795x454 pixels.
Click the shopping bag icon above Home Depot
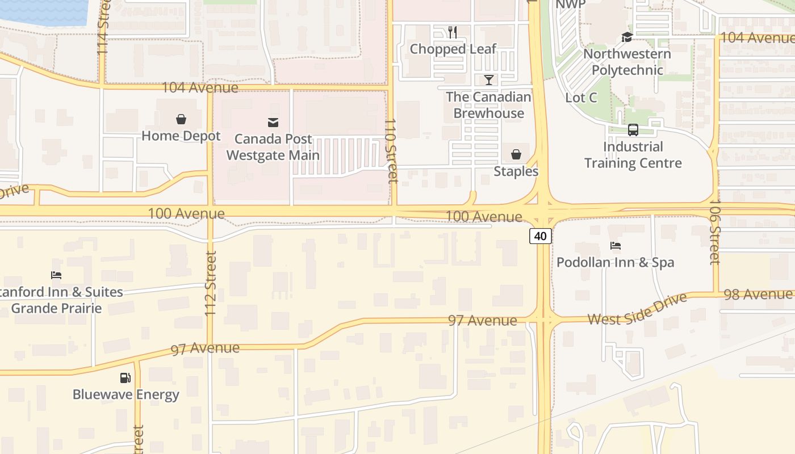181,119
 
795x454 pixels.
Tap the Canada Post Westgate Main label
273,147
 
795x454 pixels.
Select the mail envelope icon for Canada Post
273,122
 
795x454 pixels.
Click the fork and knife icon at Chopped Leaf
453,32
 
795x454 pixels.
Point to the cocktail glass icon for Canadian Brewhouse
488,80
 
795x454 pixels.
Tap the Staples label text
516,171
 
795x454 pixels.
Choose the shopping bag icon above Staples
516,154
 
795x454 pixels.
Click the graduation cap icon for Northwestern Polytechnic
627,37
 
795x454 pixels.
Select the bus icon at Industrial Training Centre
633,130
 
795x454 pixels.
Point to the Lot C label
581,98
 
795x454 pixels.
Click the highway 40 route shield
541,236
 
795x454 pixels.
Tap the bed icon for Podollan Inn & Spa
616,246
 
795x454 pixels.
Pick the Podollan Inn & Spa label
616,262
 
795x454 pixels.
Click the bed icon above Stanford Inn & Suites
56,275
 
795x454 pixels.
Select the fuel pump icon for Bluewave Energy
125,378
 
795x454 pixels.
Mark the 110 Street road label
390,150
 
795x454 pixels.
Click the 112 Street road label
210,284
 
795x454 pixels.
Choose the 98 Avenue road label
758,295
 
